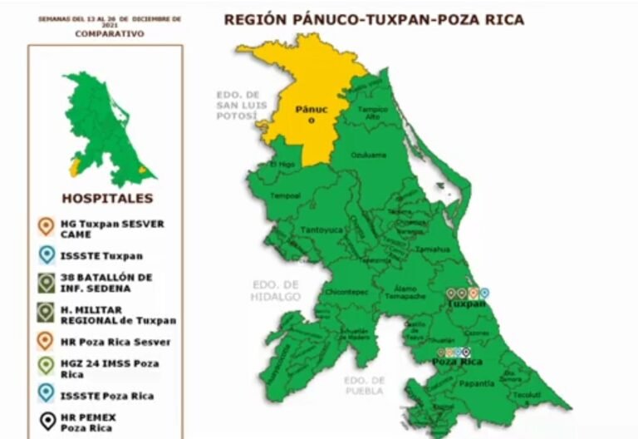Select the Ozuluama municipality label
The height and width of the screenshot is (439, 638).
[x=369, y=155]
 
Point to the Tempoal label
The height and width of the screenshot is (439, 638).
[x=285, y=196]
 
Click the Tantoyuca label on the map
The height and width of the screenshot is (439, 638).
[x=317, y=229]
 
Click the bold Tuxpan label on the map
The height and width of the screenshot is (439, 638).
[x=466, y=304]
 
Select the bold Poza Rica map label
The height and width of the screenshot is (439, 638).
[x=458, y=363]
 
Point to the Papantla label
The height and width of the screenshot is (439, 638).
[x=476, y=383]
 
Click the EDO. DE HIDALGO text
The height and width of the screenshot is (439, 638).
[x=275, y=291]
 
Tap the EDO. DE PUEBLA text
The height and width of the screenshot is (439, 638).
[x=365, y=385]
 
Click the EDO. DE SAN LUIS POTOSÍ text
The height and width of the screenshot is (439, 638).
[x=238, y=106]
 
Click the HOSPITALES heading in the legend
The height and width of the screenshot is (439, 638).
[x=107, y=199]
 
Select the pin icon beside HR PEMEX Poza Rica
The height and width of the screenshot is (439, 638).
[x=46, y=421]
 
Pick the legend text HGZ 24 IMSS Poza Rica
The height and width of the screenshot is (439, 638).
[x=109, y=368]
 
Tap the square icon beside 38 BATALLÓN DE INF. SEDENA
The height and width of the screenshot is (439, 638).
[x=46, y=283]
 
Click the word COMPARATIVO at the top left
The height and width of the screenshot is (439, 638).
[x=109, y=34]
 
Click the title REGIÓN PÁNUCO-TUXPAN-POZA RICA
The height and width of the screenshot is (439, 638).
[x=374, y=19]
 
